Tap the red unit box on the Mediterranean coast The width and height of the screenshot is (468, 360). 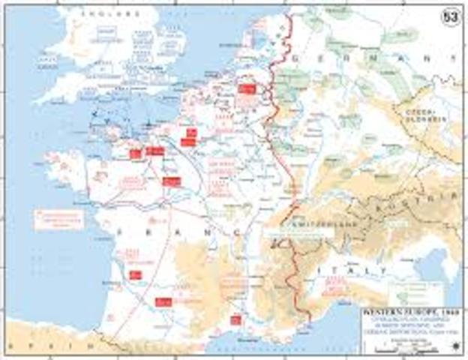[235, 320]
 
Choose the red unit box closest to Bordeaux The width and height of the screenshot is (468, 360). [136, 274]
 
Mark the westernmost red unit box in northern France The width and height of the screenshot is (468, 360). [135, 154]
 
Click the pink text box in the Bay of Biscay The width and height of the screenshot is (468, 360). [58, 219]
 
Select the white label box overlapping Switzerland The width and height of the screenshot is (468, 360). [298, 233]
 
